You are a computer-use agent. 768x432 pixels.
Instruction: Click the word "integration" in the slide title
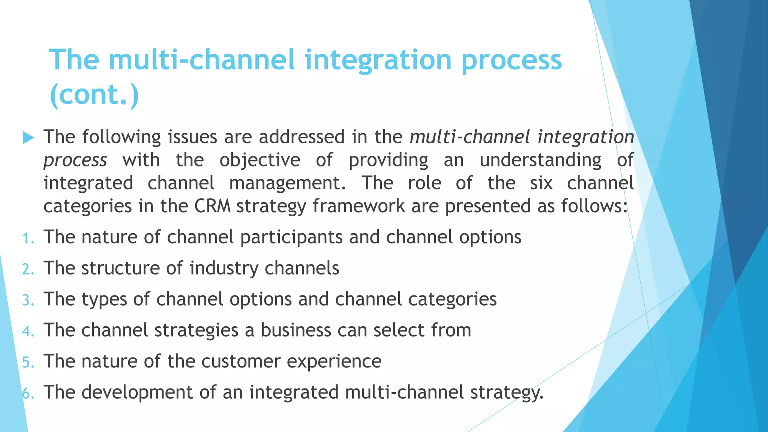click(x=378, y=60)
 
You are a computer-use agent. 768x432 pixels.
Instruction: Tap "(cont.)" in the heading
click(x=94, y=94)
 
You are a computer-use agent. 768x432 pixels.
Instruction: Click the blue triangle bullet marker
click(x=28, y=138)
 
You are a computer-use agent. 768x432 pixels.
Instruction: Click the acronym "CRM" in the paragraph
click(x=212, y=206)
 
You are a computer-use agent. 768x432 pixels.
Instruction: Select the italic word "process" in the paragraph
click(x=75, y=160)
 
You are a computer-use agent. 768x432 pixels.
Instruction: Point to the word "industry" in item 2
click(x=224, y=268)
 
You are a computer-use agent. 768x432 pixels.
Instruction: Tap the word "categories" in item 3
click(x=452, y=300)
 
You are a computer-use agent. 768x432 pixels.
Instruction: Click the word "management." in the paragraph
click(x=287, y=183)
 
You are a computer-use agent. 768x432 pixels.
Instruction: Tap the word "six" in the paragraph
click(x=541, y=183)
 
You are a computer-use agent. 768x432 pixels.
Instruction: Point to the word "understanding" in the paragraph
click(x=540, y=160)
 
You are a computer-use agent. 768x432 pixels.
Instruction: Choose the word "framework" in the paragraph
click(x=359, y=206)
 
